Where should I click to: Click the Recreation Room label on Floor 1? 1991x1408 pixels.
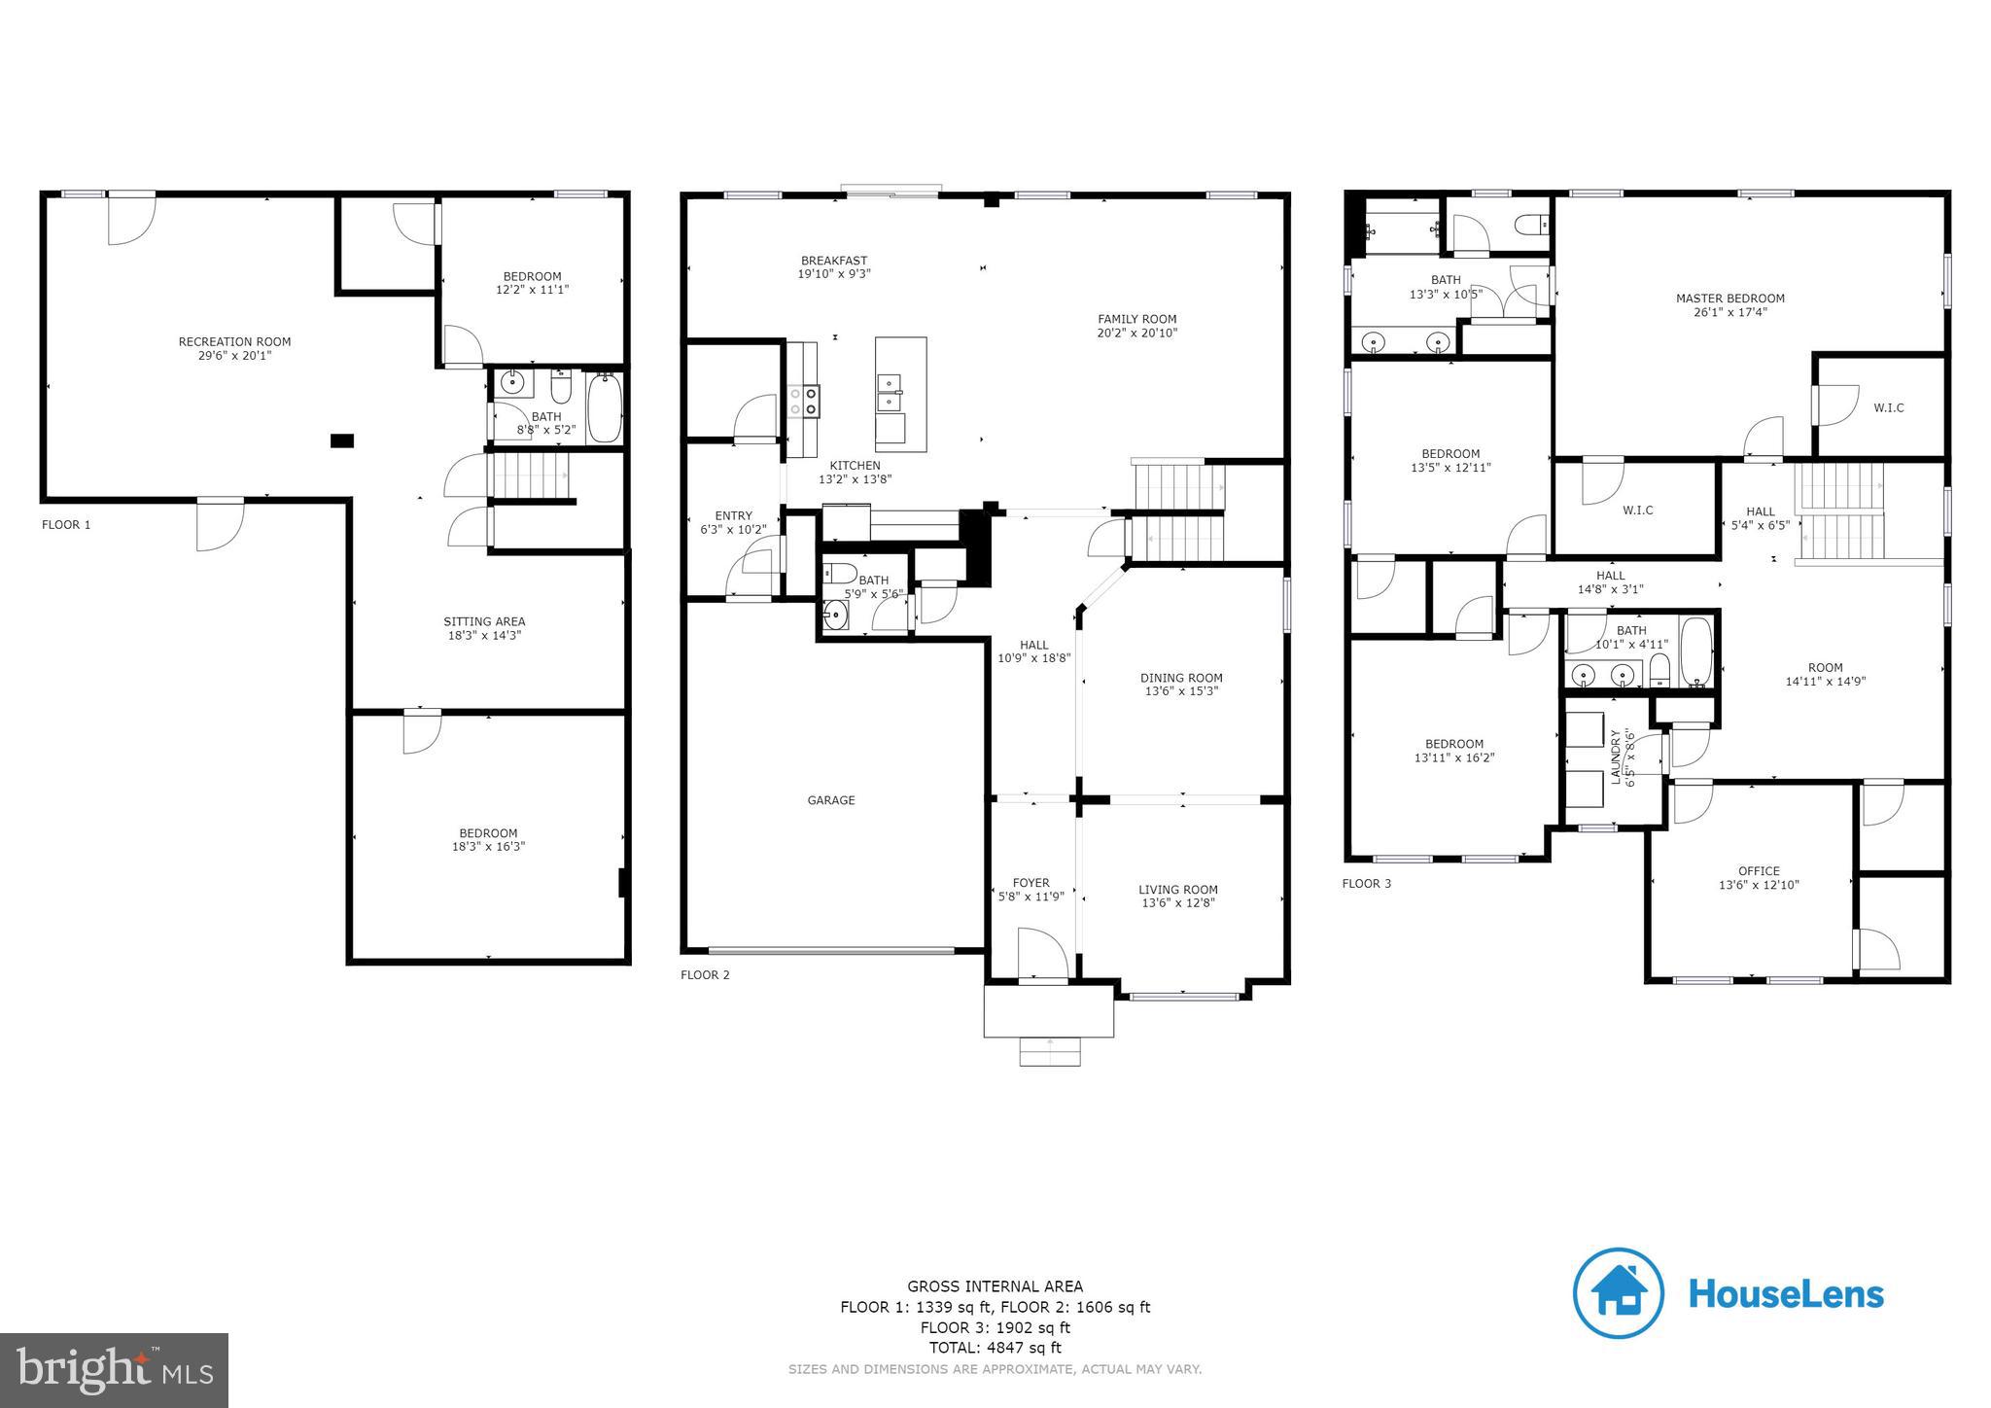tap(234, 341)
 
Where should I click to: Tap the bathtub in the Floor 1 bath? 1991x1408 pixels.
tap(603, 408)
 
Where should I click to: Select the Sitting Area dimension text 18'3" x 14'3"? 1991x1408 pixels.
tap(484, 636)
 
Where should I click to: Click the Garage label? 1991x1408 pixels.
tap(831, 800)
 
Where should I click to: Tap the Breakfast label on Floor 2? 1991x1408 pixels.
tap(834, 261)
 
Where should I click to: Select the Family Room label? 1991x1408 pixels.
tap(1136, 319)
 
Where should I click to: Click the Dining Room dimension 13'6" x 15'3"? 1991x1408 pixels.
tap(1181, 691)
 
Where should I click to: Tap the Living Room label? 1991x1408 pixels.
tap(1177, 889)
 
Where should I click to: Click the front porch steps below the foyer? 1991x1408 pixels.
tap(1049, 1051)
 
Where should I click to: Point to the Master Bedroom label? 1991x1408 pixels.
tap(1729, 299)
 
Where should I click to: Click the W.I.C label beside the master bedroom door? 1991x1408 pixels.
tap(1888, 407)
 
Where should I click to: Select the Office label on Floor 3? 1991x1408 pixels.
tap(1759, 871)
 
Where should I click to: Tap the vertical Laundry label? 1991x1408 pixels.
tap(1617, 757)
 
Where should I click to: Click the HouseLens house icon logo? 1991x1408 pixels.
tap(1618, 1293)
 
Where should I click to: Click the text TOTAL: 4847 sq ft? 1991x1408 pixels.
tap(995, 1348)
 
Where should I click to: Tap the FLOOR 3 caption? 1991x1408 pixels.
tap(1366, 884)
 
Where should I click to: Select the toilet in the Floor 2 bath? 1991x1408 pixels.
tap(839, 573)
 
